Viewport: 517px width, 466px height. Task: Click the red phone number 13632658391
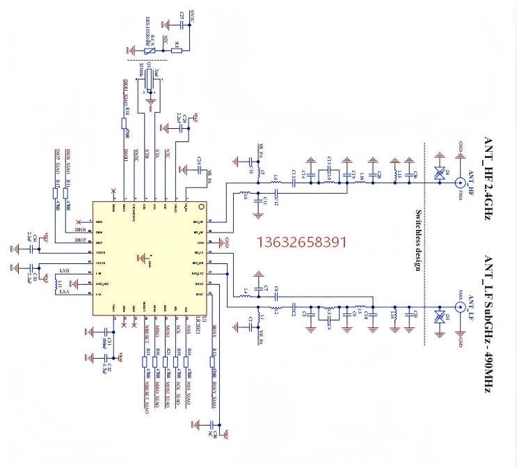(302, 242)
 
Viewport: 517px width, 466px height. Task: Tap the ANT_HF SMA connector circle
(460, 183)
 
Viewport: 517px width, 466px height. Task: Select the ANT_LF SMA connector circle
(460, 306)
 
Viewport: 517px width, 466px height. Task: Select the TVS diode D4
(439, 176)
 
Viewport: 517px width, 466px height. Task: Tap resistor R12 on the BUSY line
(213, 363)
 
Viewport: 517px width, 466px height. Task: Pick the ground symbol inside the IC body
(143, 259)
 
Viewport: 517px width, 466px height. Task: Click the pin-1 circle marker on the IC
(202, 206)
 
